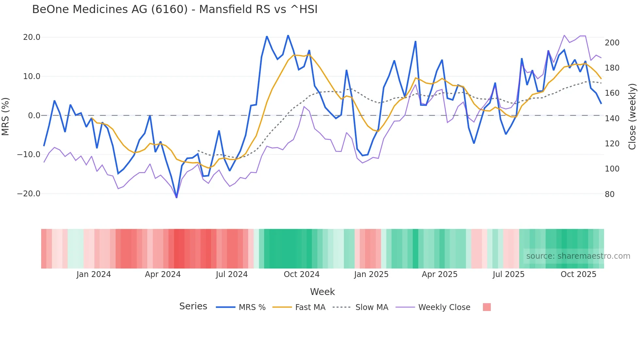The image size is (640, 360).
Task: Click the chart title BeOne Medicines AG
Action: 175,9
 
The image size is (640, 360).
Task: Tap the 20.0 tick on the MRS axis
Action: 32,37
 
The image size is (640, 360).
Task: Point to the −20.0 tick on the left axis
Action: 29,194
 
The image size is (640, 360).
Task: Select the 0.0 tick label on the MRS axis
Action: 34,115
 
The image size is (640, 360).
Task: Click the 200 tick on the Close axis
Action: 612,43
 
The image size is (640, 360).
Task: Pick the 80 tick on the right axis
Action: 610,194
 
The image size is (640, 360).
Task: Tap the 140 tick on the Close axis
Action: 612,119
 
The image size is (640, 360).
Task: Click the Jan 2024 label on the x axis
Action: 94,274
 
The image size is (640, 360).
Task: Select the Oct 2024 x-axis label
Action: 301,274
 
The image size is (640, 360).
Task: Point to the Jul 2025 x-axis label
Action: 508,274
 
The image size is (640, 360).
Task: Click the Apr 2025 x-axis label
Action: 440,274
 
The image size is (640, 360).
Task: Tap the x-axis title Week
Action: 322,292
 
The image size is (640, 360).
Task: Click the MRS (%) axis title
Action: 5,116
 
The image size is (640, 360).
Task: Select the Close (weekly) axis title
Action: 632,116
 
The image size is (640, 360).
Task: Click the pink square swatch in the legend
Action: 487,307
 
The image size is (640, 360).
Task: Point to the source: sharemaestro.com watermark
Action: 578,256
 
